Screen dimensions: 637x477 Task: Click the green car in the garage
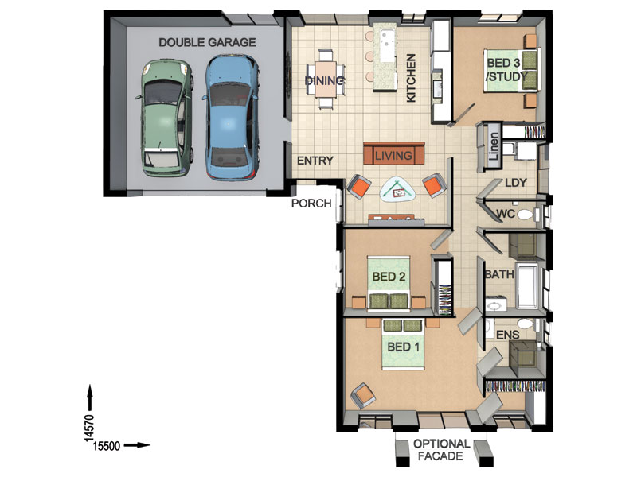click(165, 118)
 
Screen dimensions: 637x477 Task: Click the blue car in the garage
click(231, 117)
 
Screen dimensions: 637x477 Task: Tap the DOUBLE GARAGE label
click(207, 42)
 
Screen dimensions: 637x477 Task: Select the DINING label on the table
click(325, 81)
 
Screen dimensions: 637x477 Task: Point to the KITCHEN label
click(411, 78)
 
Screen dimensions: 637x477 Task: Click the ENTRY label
click(315, 161)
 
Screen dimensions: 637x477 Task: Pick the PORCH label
click(311, 204)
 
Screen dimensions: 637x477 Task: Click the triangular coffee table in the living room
click(397, 189)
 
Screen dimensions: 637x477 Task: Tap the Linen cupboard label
click(493, 146)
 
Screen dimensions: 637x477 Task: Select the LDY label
click(516, 183)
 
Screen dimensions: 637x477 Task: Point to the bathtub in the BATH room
click(527, 285)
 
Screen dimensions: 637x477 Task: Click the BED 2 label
click(389, 277)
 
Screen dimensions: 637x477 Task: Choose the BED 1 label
click(404, 347)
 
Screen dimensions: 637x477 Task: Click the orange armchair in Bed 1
click(364, 395)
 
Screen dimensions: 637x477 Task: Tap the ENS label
click(508, 335)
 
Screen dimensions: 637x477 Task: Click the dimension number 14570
click(89, 428)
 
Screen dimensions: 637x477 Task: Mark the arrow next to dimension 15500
click(137, 445)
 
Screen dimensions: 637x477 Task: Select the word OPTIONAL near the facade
click(442, 444)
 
